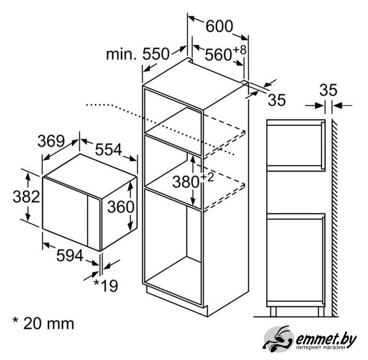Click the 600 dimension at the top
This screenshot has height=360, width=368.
click(x=219, y=26)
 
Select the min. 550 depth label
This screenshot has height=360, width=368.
click(x=137, y=54)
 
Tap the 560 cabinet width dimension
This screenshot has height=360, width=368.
click(x=218, y=55)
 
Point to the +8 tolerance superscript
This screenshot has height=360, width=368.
click(x=240, y=49)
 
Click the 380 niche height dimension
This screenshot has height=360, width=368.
click(x=186, y=182)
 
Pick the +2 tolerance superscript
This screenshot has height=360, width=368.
click(x=207, y=177)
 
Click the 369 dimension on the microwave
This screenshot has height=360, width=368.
click(x=51, y=141)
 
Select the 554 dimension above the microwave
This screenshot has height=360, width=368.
click(x=109, y=150)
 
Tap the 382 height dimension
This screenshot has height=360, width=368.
click(x=26, y=196)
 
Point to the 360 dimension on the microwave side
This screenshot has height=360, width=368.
click(x=120, y=207)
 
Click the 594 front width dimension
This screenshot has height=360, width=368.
click(x=70, y=255)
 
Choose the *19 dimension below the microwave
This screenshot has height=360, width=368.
click(x=106, y=286)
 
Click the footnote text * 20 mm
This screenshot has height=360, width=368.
click(x=43, y=323)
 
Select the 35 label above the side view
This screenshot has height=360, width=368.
click(x=328, y=89)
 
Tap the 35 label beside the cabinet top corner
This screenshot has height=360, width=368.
click(x=277, y=100)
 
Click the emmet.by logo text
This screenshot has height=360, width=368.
click(x=326, y=339)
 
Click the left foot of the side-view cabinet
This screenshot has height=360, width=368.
click(x=273, y=312)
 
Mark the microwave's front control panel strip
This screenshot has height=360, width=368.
click(x=94, y=223)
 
